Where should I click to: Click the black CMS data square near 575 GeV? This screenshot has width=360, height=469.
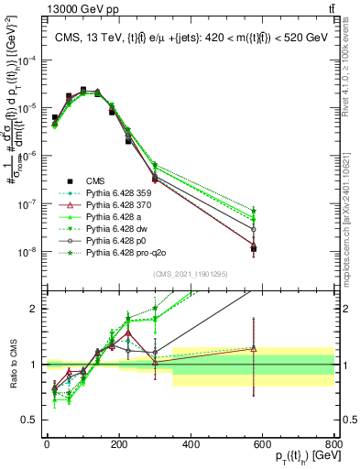(254, 248)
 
